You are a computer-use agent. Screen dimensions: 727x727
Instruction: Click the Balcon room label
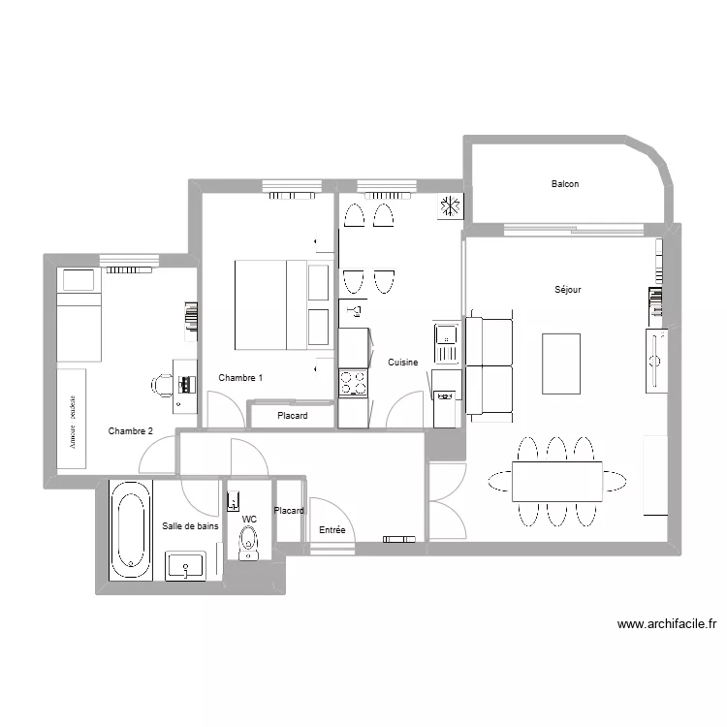pos(565,184)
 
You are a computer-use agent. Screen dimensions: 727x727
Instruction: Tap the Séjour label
pos(568,290)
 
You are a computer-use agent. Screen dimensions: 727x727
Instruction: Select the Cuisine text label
pos(403,363)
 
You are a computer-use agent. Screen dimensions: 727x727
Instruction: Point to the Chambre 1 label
pos(240,378)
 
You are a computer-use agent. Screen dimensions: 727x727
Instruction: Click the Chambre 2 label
pos(131,431)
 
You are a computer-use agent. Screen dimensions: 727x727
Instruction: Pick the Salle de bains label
pos(190,525)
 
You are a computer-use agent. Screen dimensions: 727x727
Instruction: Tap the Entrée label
pos(332,530)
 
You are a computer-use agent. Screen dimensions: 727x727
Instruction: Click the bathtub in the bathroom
pos(131,530)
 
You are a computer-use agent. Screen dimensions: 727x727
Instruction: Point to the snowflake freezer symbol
pos(449,206)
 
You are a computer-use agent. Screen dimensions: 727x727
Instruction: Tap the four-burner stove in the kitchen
pos(353,383)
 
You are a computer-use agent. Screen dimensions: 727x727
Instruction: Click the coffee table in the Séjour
pos(561,363)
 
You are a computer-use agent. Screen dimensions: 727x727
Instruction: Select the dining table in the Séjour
pos(556,481)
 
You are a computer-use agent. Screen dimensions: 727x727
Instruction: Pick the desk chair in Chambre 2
pos(162,384)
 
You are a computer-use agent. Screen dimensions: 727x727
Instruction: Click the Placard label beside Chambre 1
pos(292,416)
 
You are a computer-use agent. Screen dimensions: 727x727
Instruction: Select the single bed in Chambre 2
pos(78,313)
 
